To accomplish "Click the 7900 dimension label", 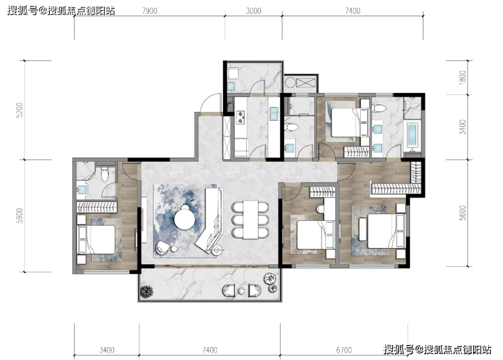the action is (150, 11).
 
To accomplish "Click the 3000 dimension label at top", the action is (254, 11).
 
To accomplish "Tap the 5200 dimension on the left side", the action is (20, 110).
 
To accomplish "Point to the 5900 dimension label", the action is (20, 216).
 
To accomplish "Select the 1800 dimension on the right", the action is (462, 77).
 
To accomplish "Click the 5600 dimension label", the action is (462, 213).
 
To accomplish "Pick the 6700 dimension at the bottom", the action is (343, 350).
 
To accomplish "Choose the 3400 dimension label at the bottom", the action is (107, 350).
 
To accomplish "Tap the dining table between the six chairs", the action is (251, 220).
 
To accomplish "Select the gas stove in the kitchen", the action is (240, 118).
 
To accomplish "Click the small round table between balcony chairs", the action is (242, 291).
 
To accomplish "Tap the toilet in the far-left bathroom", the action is (105, 174).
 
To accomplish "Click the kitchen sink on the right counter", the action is (274, 114).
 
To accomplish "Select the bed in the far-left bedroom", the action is (97, 240).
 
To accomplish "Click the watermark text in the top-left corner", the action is (61, 11).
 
